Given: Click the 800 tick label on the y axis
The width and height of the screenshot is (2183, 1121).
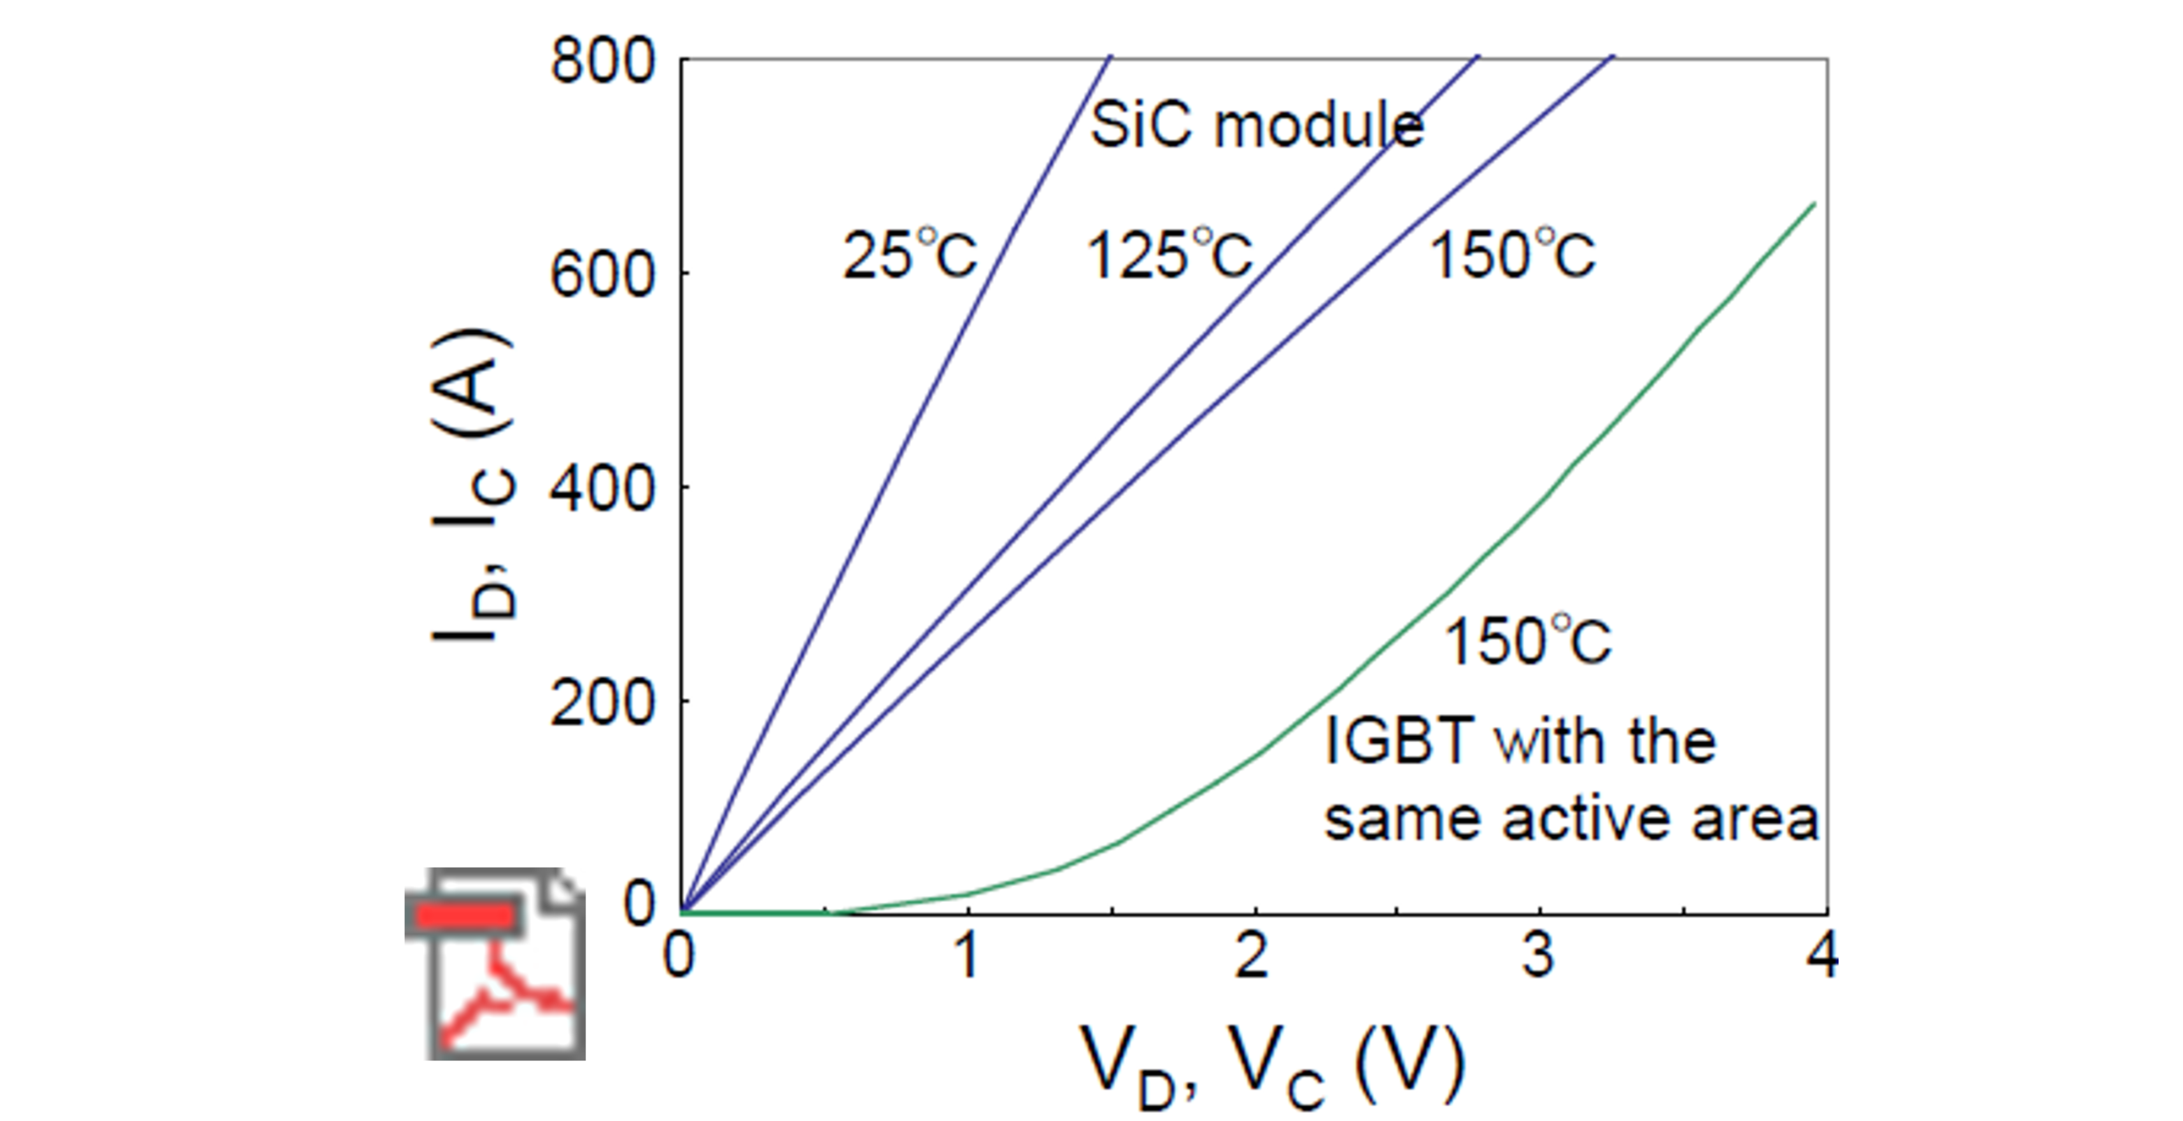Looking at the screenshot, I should (602, 61).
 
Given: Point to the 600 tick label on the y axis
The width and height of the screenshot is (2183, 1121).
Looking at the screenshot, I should (602, 274).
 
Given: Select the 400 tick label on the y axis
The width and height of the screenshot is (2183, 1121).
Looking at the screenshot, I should (602, 489).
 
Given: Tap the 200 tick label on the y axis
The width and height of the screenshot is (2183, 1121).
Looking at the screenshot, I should (602, 702).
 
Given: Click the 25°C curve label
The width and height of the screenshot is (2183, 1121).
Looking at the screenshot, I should (909, 254).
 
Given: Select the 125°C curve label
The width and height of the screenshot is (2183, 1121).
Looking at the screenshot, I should (1169, 254).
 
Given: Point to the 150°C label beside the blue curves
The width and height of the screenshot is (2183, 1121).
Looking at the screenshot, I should (1513, 254).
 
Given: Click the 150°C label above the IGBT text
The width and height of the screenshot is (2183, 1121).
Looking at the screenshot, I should (1527, 642).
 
